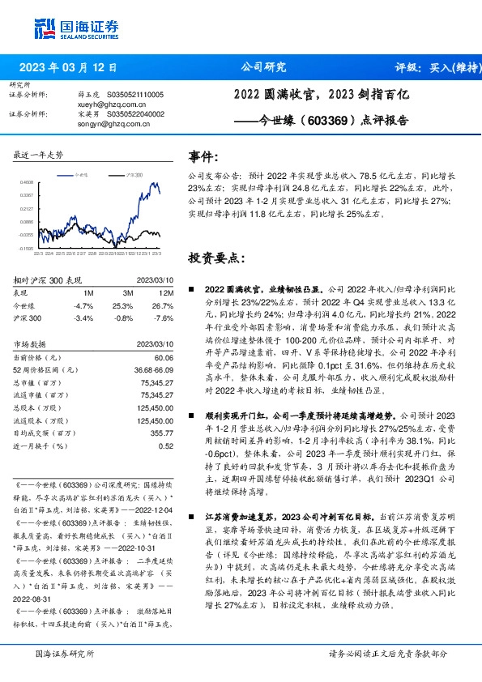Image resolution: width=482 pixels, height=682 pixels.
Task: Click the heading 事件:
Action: click(x=203, y=156)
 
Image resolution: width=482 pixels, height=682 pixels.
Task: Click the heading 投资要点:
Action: click(x=216, y=258)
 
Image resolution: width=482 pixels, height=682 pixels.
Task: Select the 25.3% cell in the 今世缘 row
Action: click(x=122, y=306)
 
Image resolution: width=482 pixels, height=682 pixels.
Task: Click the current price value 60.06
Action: click(x=163, y=357)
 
